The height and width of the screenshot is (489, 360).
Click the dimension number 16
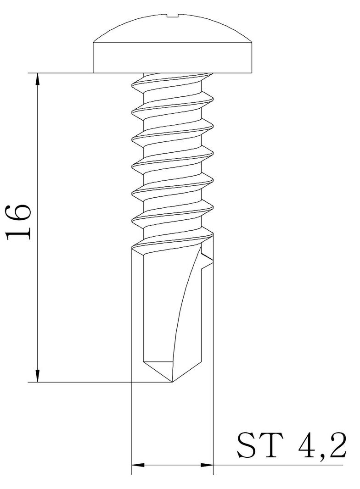click(19, 222)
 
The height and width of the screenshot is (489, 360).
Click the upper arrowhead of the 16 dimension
click(38, 79)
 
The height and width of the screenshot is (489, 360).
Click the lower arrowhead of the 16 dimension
click(38, 376)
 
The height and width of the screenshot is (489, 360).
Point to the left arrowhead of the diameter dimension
click(138, 465)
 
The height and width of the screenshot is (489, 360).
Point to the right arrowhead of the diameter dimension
click(207, 465)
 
